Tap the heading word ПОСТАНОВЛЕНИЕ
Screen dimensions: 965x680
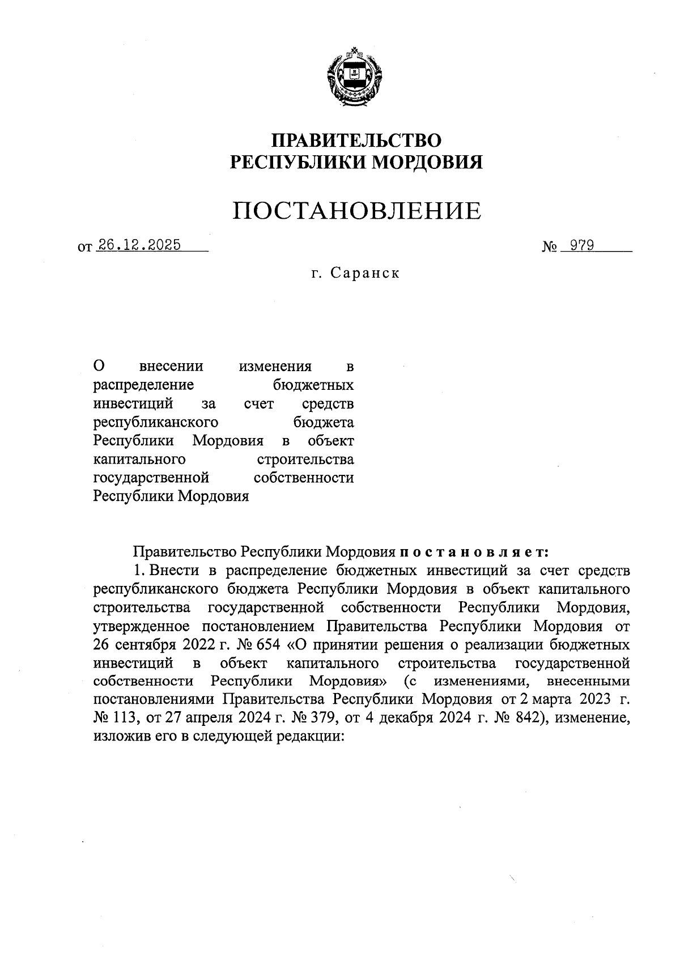click(x=357, y=211)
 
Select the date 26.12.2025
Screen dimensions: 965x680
click(x=139, y=245)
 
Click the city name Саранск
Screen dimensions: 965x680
click(x=365, y=273)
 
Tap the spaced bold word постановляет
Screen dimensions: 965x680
click(x=474, y=551)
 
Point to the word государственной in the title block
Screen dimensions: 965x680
click(x=151, y=478)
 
